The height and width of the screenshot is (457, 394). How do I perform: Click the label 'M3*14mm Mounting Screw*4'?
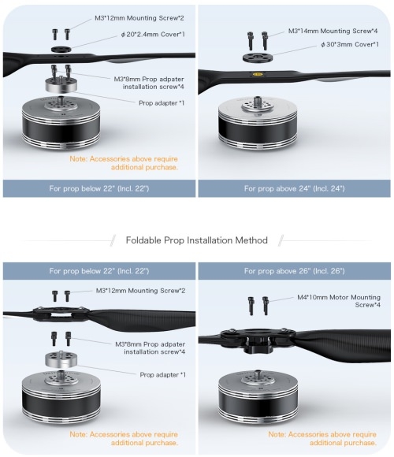point(333,31)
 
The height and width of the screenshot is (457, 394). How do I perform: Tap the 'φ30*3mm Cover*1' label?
point(350,44)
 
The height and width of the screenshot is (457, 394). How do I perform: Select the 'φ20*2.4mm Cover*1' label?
point(153,35)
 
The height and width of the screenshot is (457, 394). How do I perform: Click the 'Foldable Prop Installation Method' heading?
point(197,240)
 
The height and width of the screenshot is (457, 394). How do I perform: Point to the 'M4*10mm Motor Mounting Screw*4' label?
point(339,301)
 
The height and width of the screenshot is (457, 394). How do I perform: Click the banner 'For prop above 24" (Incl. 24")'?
point(295,188)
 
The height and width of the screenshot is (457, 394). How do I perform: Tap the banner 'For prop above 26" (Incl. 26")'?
point(295,271)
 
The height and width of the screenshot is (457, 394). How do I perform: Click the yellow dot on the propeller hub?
point(257,74)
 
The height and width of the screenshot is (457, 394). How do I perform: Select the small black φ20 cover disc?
point(61,49)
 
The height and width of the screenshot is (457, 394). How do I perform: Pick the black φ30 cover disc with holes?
point(258,57)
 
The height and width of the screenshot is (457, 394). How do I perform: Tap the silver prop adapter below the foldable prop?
point(61,359)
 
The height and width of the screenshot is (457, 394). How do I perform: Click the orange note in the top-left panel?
point(124,163)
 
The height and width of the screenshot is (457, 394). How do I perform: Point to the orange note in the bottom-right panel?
point(322,439)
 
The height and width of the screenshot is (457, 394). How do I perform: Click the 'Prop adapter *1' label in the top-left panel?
point(162,103)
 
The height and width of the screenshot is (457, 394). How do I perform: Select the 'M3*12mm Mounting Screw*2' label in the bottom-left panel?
point(140,291)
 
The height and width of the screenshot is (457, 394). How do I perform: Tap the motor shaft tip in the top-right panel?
point(258,98)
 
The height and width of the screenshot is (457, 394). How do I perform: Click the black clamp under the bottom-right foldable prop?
point(258,344)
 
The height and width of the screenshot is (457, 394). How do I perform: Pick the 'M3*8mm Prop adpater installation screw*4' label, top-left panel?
point(149,83)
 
